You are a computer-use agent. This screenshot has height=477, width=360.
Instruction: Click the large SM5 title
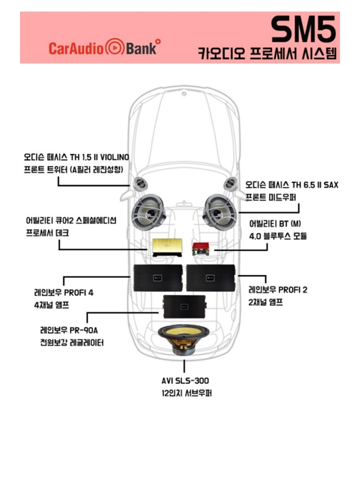(x=304, y=29)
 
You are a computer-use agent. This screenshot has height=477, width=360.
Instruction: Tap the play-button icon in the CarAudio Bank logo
(x=115, y=48)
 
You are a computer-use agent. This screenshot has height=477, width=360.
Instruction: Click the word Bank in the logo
(x=141, y=48)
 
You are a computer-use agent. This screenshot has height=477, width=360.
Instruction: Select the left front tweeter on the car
(x=140, y=184)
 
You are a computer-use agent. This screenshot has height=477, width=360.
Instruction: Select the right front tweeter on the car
(x=230, y=183)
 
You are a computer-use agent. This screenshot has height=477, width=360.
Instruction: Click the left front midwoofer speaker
(x=148, y=212)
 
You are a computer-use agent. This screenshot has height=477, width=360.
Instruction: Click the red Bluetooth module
(x=200, y=249)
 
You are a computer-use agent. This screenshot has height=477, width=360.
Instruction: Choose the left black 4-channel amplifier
(x=158, y=278)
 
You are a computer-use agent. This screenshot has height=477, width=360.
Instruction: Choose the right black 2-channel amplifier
(x=210, y=278)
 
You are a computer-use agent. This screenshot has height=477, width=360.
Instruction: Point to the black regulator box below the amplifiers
(x=184, y=307)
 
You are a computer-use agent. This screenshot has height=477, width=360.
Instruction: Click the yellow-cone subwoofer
(x=184, y=340)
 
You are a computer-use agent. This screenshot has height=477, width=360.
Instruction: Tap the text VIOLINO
(x=115, y=157)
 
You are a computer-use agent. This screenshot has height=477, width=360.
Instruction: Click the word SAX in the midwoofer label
(x=331, y=185)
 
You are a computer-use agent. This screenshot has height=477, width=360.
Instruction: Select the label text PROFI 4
(x=79, y=293)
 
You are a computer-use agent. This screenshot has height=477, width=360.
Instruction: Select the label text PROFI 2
(x=293, y=290)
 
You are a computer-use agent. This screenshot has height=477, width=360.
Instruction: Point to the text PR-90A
(x=84, y=330)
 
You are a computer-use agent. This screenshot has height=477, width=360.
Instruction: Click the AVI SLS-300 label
(x=185, y=381)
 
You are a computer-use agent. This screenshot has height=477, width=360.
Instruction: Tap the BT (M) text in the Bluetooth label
(x=290, y=224)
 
